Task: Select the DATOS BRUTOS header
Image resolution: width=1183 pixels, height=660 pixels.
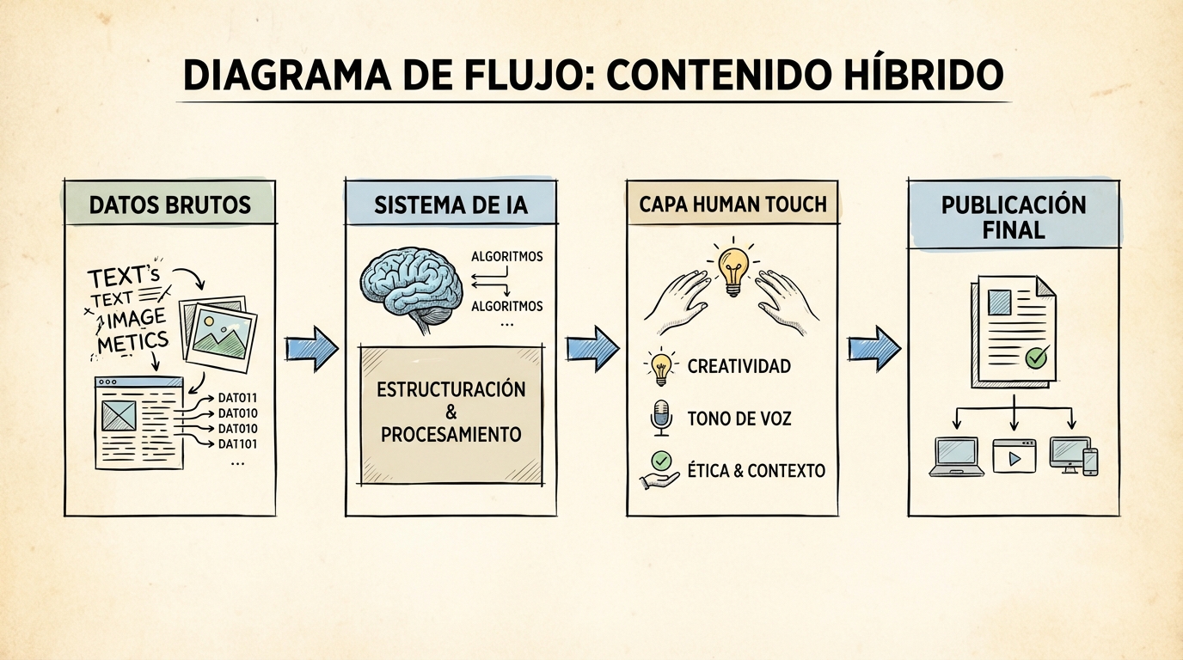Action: pos(170,205)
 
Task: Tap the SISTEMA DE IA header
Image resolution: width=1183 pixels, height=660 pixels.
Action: pos(451,205)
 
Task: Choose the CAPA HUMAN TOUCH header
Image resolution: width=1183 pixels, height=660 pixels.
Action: pos(732,204)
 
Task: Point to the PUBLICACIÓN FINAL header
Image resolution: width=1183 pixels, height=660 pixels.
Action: pos(1014,217)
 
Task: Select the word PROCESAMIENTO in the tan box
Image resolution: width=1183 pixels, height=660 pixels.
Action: pos(451,434)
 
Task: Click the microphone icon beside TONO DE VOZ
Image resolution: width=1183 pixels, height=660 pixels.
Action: pos(660,419)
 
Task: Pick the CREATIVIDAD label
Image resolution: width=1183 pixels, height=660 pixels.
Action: pos(739,367)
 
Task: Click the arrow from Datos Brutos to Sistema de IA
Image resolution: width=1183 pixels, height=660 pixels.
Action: pos(311,348)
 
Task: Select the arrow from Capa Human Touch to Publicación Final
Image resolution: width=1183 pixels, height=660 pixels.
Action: pos(873,348)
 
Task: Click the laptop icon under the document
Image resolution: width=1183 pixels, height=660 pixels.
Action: pos(956,456)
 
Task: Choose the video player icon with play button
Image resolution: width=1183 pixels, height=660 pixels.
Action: pos(1014,456)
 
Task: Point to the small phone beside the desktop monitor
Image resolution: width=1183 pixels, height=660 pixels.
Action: pos(1090,461)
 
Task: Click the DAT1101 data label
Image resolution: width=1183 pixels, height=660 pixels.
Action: pos(238,444)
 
